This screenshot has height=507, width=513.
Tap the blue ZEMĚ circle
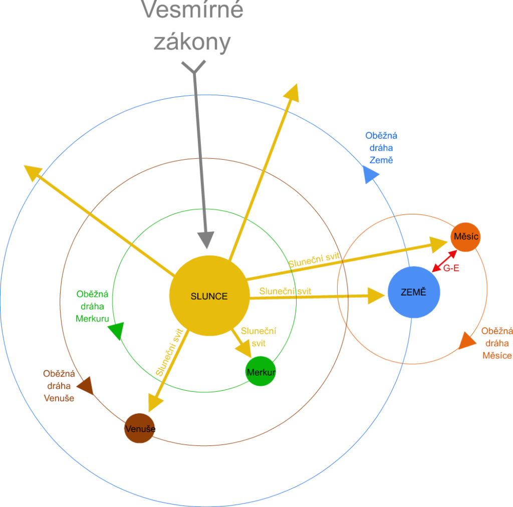414,293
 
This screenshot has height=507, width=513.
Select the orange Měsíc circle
465,236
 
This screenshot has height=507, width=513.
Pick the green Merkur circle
261,372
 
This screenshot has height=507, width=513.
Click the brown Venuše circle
140,428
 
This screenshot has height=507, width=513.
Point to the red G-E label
451,269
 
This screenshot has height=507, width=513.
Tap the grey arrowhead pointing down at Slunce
205,239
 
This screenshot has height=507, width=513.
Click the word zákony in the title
192,43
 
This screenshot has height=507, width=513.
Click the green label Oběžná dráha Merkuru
92,306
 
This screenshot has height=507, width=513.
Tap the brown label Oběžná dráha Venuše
59,386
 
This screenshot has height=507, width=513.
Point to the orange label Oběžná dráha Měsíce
496,343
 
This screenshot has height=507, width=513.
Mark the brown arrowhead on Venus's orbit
85,386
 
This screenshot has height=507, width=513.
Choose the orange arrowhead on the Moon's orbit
466,341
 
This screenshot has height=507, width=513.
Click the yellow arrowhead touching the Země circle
377,296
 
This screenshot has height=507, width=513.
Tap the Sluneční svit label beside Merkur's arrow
258,337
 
